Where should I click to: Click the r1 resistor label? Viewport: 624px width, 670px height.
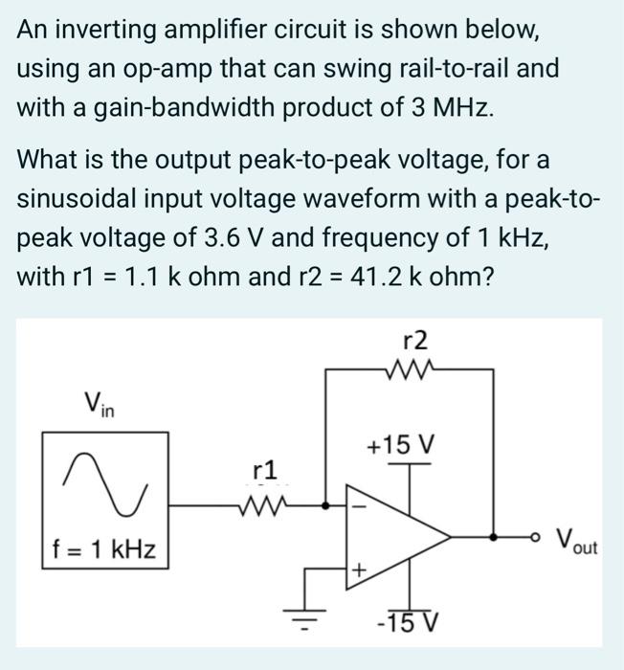coord(264,470)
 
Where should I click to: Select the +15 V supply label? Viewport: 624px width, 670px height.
coord(401,445)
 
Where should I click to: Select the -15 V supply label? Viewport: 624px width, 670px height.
coord(408,623)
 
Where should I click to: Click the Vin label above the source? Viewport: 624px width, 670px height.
coord(99,404)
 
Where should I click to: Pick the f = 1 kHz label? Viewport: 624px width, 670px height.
coord(104,550)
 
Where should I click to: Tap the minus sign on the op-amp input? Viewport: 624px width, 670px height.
coord(361,505)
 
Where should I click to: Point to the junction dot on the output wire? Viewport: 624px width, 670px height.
coord(493,538)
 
